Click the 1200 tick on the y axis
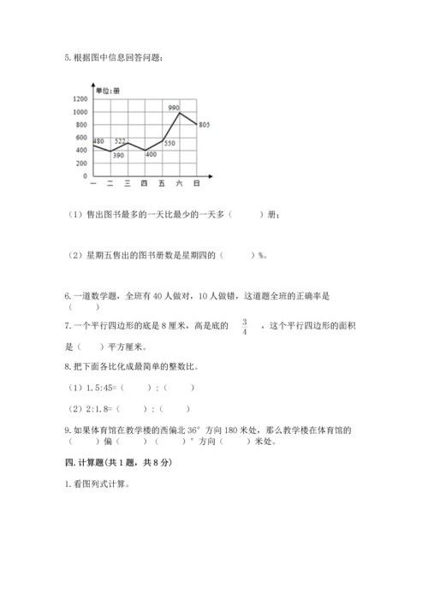tap(81, 99)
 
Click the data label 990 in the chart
tap(173, 107)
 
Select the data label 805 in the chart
tap(204, 125)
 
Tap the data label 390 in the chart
tap(117, 156)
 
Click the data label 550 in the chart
tap(169, 144)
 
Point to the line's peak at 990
tap(180, 113)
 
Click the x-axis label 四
tap(144, 184)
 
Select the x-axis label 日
tap(197, 184)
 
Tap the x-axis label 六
tap(179, 184)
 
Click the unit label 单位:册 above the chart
tap(108, 91)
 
